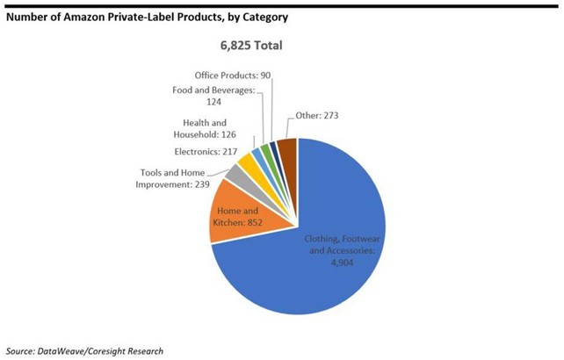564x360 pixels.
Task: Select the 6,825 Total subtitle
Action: click(251, 44)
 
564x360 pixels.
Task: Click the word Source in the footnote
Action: click(21, 349)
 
